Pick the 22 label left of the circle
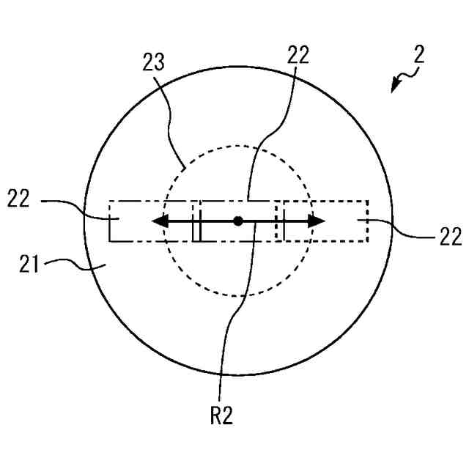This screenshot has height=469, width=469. point(20,199)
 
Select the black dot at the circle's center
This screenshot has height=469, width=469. point(237,221)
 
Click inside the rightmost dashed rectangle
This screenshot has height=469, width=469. point(344,230)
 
